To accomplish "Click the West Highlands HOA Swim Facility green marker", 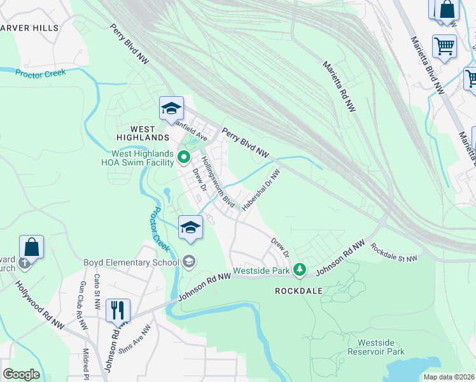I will point(184,155).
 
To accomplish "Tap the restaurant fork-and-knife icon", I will point(118,311).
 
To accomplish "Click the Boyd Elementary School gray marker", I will point(189,261).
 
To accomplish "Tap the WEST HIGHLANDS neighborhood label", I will point(143,137).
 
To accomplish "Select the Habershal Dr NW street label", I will point(261,188).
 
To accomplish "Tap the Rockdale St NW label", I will point(394,253).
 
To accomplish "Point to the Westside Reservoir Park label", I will point(376,347).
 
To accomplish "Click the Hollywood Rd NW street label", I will point(41,301).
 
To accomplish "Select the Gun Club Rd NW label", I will point(82,306).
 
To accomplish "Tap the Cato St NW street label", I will point(97,288).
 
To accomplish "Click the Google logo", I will point(21,374).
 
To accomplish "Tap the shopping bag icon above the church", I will point(31,246).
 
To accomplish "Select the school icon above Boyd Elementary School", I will point(190,227).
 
